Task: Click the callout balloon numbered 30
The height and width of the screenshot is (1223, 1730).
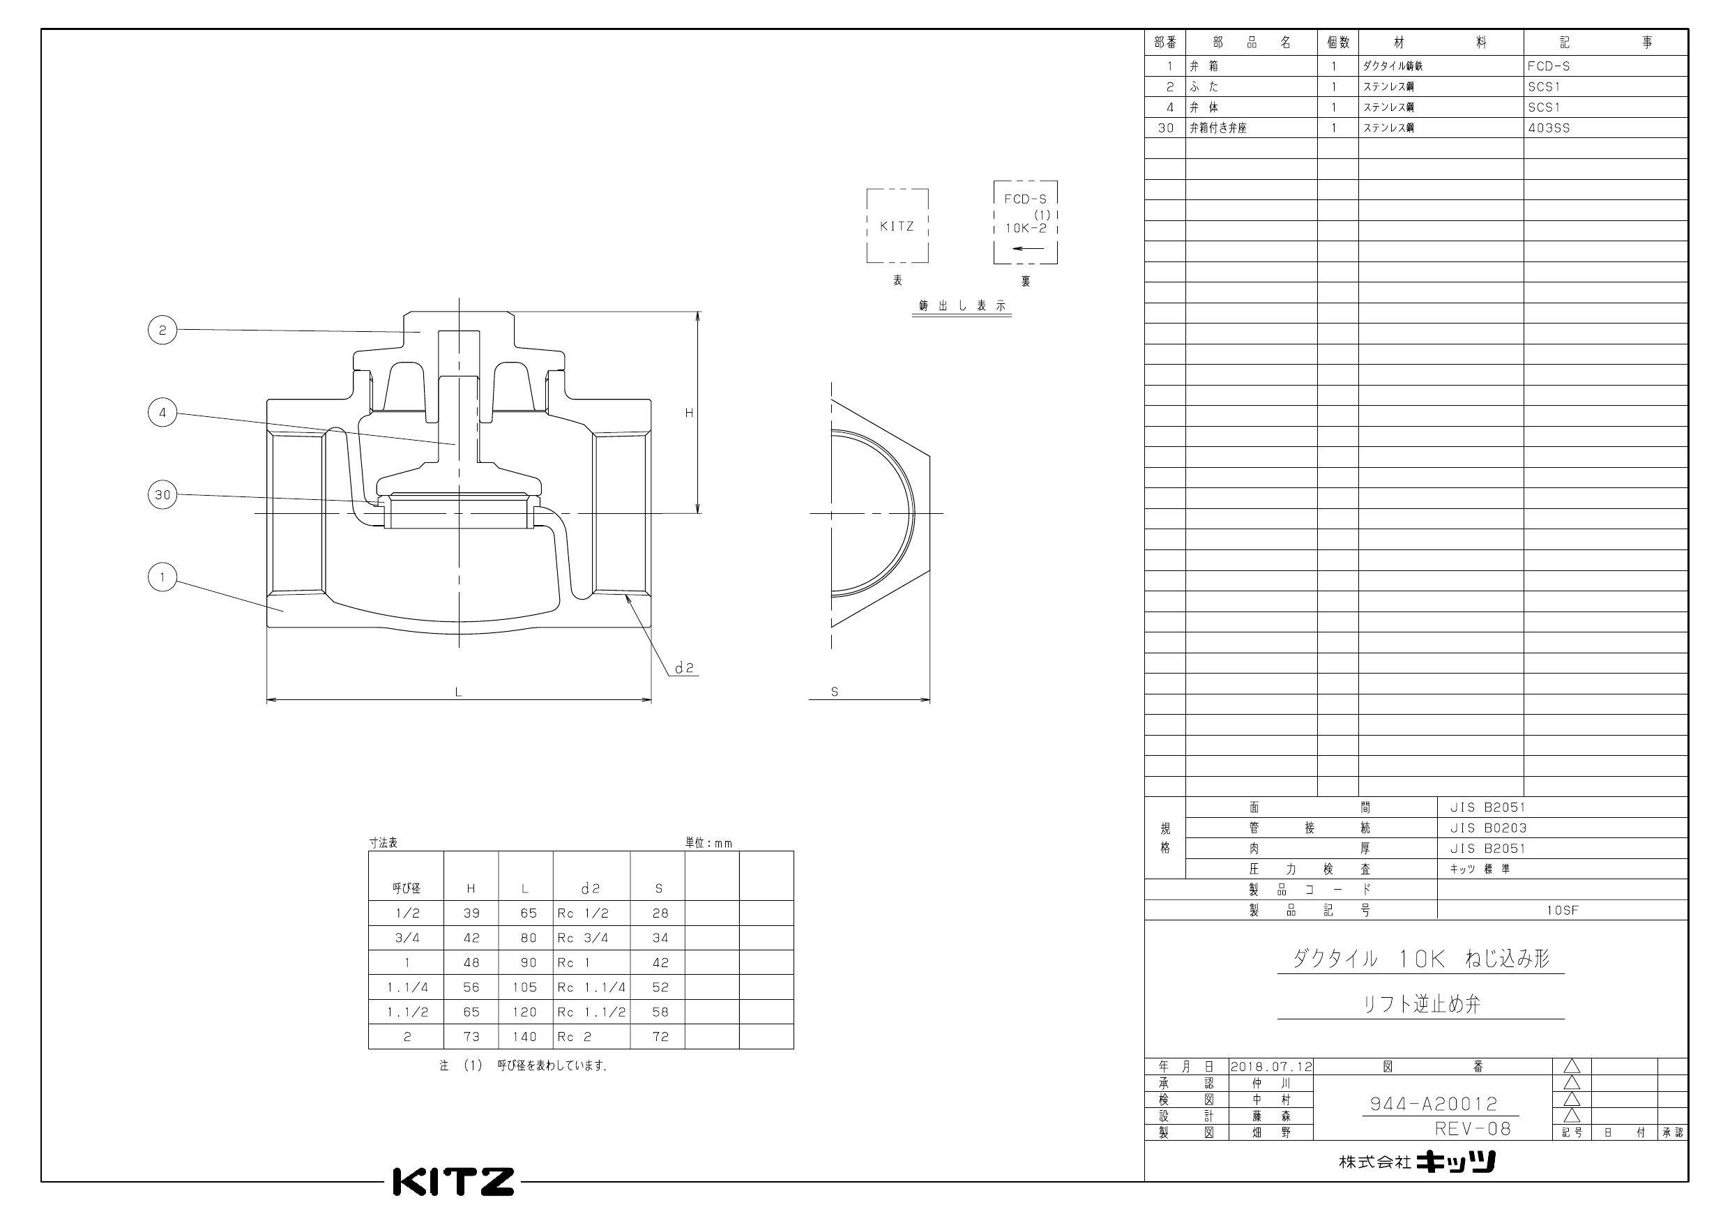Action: (162, 495)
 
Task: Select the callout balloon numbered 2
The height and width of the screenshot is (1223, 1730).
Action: (162, 329)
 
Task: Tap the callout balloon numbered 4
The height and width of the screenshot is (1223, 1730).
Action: (162, 412)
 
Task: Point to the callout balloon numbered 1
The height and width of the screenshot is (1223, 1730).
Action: (162, 577)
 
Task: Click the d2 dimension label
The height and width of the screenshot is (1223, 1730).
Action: (683, 667)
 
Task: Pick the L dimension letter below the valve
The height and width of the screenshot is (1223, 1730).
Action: (458, 692)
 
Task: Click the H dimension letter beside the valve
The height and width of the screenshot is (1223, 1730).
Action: (689, 412)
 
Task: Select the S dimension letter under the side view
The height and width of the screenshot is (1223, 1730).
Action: (834, 692)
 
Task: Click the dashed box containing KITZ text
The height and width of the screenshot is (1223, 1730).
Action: (897, 225)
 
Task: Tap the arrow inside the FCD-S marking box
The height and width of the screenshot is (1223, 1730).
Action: (1028, 248)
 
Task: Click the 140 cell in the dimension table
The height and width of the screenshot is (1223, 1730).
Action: (524, 1036)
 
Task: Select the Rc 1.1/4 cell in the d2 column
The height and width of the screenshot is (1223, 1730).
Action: (591, 987)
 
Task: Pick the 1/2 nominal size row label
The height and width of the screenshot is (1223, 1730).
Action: (407, 913)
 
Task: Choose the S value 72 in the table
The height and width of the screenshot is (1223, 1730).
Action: (660, 1036)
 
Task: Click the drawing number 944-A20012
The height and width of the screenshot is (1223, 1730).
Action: (1433, 1103)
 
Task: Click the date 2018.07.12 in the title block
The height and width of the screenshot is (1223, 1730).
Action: (1271, 1066)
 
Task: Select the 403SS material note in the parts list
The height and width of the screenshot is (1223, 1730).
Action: (1549, 128)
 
